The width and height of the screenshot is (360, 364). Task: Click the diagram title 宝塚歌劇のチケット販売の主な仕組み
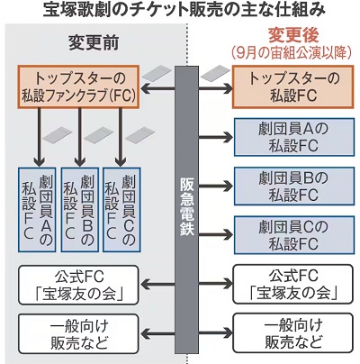[184, 10]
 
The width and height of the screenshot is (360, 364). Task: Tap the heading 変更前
[94, 43]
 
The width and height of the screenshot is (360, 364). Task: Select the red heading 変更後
[293, 36]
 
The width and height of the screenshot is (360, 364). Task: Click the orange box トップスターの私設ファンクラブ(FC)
[78, 86]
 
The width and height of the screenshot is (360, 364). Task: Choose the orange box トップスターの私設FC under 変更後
[293, 86]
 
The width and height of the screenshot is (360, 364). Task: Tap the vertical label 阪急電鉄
[187, 207]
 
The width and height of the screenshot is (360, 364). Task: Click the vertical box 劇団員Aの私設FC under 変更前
[37, 209]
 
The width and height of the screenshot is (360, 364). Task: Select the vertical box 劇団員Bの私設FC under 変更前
[79, 209]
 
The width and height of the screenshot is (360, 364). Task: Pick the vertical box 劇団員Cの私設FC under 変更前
[121, 209]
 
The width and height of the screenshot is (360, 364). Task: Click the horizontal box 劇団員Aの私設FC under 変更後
[293, 137]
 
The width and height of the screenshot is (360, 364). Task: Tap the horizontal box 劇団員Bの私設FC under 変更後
[293, 187]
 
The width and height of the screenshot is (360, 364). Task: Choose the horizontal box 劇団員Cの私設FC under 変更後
[293, 235]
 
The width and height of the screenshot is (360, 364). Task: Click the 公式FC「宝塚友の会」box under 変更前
[78, 285]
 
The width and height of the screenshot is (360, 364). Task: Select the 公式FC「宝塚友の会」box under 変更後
[293, 285]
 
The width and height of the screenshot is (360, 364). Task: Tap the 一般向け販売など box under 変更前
[78, 333]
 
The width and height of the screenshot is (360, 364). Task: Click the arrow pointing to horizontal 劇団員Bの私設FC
[216, 187]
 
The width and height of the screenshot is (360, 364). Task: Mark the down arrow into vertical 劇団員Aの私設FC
[39, 137]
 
